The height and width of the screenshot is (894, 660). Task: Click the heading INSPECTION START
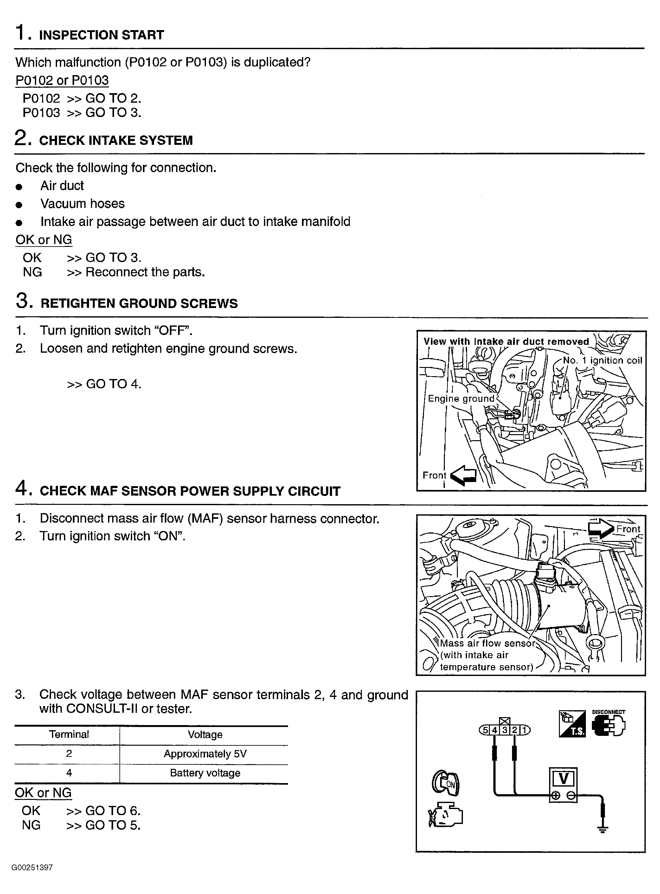tap(101, 35)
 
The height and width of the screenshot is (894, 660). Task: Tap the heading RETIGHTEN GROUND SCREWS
tap(139, 304)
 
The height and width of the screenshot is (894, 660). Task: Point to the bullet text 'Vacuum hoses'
tap(82, 204)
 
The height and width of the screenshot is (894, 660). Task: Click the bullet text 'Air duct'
tap(62, 186)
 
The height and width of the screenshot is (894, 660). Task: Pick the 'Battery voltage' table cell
tap(205, 773)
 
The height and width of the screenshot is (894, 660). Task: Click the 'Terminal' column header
tap(69, 735)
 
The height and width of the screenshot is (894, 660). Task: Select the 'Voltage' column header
tap(205, 735)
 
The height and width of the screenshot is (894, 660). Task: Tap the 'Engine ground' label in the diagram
tap(461, 398)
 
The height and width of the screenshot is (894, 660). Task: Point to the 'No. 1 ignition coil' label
tap(602, 360)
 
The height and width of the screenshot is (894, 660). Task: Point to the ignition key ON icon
tap(445, 782)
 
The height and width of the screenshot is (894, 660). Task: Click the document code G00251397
tap(32, 868)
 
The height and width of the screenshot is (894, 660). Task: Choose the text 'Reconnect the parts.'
tap(145, 273)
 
